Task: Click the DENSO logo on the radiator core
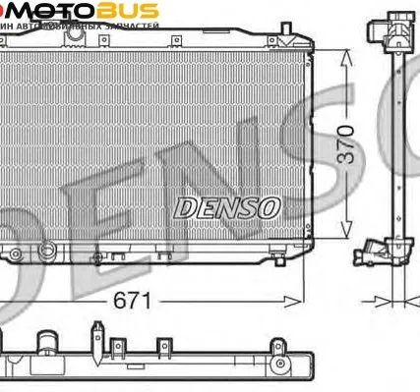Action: point(227,207)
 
